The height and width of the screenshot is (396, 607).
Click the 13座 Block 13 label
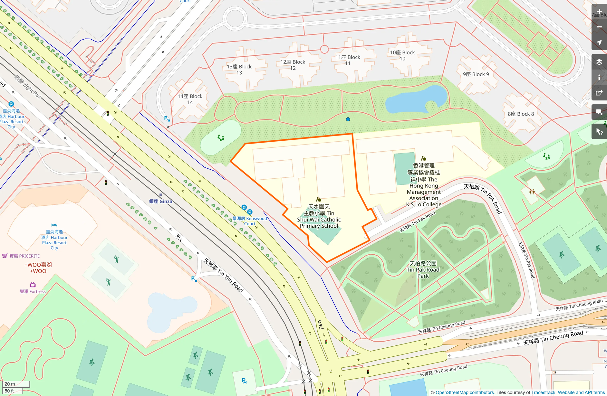pos(239,70)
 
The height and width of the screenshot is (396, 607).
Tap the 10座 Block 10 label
pos(402,55)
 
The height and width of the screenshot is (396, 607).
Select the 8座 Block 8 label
pos(521,114)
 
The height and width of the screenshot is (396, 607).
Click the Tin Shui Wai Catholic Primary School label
pos(319,216)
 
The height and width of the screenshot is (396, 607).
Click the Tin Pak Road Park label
pos(423,269)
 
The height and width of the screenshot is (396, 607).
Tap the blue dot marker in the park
pos(348,119)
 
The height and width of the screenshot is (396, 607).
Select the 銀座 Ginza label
pos(160,201)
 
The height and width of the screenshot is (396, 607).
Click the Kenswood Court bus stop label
pos(250,221)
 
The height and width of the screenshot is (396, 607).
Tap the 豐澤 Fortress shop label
pos(33,291)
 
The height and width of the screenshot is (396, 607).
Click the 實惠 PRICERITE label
pos(24,256)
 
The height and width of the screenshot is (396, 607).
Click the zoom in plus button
pos(599,11)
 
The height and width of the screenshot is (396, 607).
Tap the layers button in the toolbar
pos(599,62)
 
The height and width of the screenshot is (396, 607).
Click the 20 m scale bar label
pos(10,384)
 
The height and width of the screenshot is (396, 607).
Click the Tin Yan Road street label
pos(223,276)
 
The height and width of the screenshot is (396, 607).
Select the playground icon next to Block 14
pos(221,138)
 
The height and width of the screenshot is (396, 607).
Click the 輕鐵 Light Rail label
pos(28,87)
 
